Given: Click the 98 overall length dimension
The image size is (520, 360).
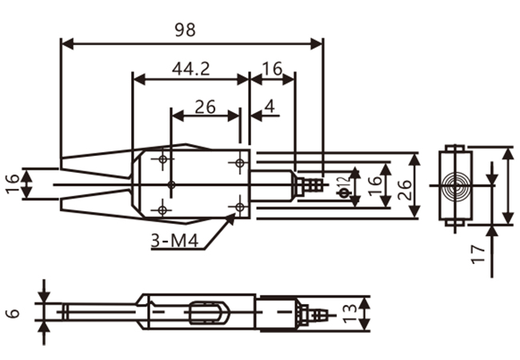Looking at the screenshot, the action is pyautogui.click(x=185, y=30).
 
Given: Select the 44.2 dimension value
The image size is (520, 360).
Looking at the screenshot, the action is pyautogui.click(x=191, y=69).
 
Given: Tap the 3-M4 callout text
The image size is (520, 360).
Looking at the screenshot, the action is pyautogui.click(x=174, y=241).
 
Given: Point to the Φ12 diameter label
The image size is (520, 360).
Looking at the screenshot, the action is pyautogui.click(x=344, y=186).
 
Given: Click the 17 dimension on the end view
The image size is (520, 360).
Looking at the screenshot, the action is pyautogui.click(x=478, y=254).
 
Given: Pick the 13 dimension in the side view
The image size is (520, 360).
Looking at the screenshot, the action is pyautogui.click(x=350, y=314).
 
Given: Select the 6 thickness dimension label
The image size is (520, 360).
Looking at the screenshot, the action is pyautogui.click(x=13, y=313).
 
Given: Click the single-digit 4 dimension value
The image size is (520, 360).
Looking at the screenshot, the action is pyautogui.click(x=270, y=106).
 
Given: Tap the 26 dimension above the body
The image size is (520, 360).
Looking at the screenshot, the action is pyautogui.click(x=206, y=106).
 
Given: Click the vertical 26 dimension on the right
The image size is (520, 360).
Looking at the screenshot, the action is pyautogui.click(x=405, y=190).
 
